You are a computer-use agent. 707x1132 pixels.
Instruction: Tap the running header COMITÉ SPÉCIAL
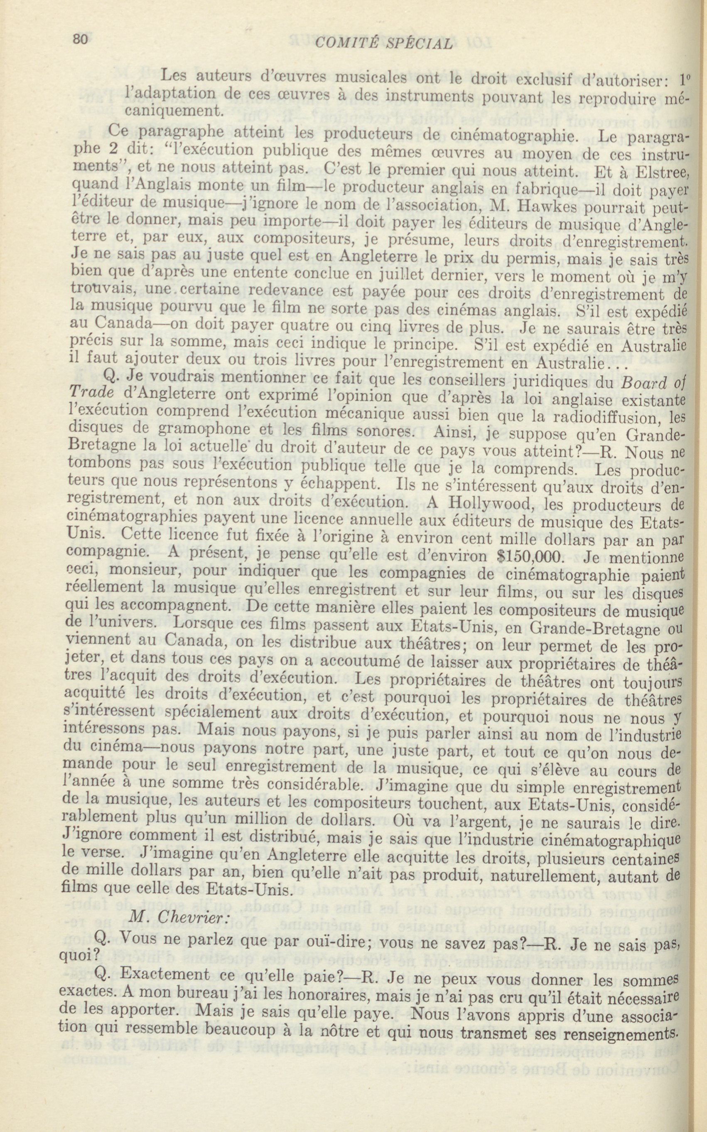coord(384,44)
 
